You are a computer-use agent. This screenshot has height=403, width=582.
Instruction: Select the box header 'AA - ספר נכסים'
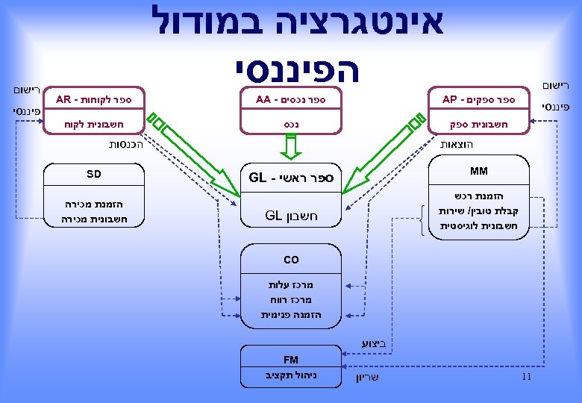[x=290, y=100]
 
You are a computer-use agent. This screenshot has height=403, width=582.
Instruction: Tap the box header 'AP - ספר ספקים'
[x=478, y=100]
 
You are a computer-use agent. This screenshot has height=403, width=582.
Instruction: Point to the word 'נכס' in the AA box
[x=290, y=125]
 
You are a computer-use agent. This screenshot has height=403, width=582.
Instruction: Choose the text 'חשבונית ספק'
[x=478, y=125]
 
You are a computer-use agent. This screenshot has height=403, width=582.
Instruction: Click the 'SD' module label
[x=93, y=175]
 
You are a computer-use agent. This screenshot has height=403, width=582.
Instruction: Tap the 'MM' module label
[x=479, y=172]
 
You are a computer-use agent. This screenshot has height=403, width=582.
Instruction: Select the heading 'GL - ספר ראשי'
[x=291, y=178]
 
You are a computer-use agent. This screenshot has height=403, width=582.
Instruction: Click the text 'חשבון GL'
[x=291, y=216]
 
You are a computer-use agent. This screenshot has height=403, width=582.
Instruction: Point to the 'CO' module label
[x=291, y=260]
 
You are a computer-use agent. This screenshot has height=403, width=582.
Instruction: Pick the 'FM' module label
[x=291, y=360]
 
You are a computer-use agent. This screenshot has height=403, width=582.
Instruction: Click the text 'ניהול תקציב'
[x=291, y=375]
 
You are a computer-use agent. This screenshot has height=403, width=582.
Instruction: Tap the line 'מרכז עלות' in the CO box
[x=291, y=284]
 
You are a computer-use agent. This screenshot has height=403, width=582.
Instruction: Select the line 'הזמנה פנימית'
[x=291, y=315]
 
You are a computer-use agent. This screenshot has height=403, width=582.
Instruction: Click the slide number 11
[x=526, y=377]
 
